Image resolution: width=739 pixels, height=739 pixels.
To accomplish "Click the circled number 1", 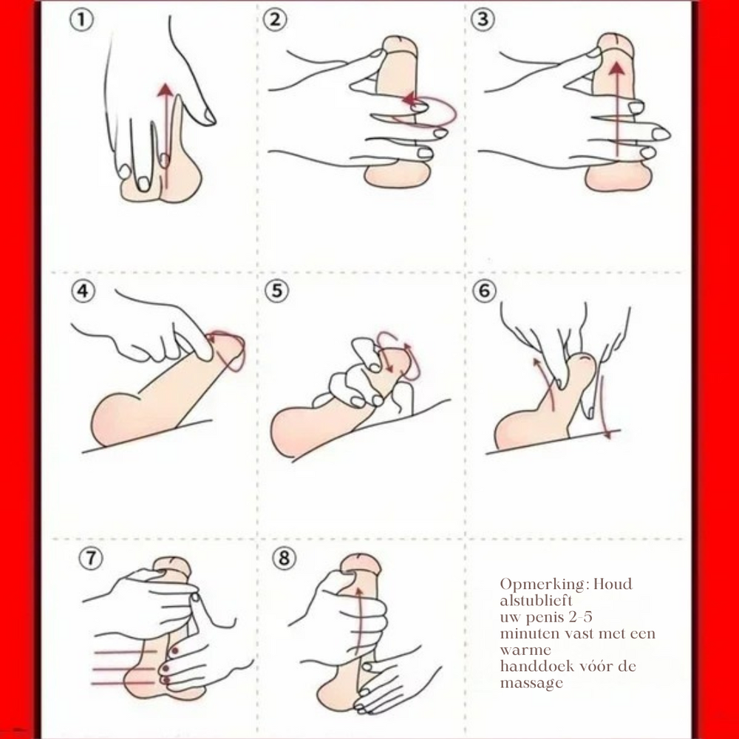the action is [81, 20].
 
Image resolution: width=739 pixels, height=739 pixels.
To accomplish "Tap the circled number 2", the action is [275, 20].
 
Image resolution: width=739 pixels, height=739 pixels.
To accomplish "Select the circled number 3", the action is [483, 20].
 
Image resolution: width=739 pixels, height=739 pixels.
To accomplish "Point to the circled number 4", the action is [83, 290].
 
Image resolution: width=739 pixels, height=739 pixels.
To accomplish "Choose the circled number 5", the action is [276, 290].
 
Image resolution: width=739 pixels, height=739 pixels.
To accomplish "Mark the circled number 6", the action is [485, 290].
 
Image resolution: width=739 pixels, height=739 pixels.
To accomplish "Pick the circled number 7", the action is [90, 558].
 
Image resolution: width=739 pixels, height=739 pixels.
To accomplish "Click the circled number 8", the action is [285, 558].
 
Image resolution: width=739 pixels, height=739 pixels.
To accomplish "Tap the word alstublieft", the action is [537, 600].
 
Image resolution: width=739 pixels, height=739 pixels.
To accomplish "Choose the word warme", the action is [525, 650].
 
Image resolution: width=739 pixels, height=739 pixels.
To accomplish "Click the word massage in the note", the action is [531, 684].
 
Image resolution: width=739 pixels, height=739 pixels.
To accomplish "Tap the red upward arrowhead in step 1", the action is [165, 90].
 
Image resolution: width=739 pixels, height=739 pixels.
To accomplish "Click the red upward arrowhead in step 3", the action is [617, 69].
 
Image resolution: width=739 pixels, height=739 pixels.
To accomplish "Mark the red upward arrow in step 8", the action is [358, 622].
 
